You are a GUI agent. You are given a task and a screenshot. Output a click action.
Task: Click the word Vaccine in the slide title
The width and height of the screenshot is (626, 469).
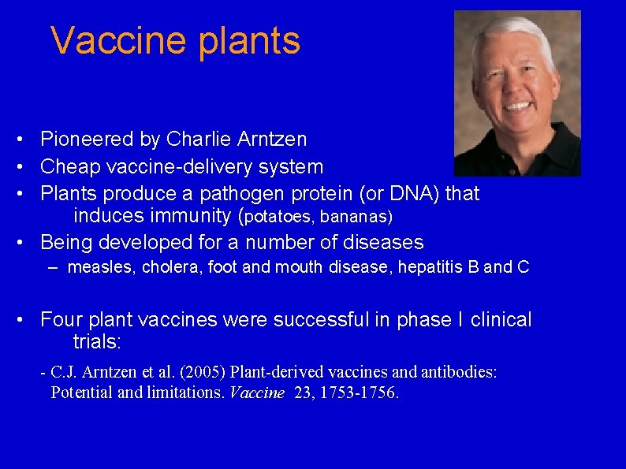pos(119,41)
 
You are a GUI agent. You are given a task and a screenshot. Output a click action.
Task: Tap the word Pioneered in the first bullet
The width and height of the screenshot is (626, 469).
pos(88,140)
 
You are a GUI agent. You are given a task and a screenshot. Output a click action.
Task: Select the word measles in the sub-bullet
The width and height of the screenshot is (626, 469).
pos(102,268)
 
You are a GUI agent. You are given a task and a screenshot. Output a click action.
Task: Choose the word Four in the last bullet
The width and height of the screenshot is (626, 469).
pos(61,320)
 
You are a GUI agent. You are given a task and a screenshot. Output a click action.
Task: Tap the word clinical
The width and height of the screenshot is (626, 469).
pos(501,320)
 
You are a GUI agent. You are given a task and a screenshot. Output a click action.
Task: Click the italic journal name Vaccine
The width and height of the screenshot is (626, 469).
pos(255,393)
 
